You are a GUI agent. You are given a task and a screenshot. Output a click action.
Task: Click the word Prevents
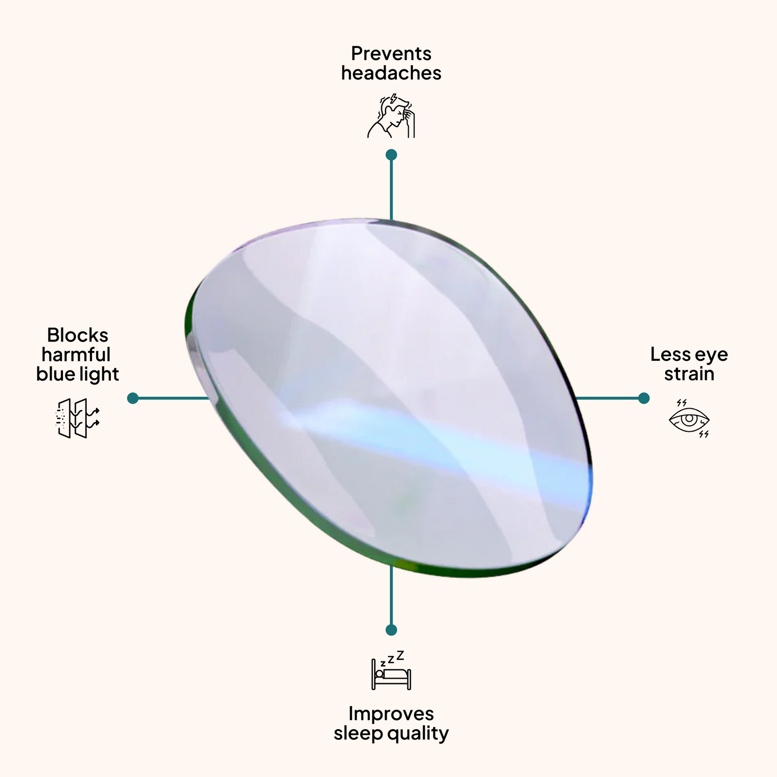pos(391,54)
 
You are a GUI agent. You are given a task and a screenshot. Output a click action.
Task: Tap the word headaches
pos(391,73)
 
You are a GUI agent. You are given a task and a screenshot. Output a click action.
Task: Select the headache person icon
pos(391,116)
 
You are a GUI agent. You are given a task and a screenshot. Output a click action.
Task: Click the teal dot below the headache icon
pos(391,155)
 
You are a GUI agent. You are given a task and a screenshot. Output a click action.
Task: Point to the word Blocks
pos(77,335)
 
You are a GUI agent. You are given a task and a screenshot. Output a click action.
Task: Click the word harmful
pos(76,355)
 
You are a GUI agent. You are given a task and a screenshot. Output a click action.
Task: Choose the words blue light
pos(77,374)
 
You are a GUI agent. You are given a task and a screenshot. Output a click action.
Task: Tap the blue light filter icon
pos(78,418)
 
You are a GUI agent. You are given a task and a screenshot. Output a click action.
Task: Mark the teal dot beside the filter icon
pos(133,398)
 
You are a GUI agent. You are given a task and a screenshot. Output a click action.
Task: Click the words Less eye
pos(689,354)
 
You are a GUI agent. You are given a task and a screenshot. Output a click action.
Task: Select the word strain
pos(689,374)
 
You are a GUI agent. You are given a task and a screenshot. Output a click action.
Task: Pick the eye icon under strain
pos(689,419)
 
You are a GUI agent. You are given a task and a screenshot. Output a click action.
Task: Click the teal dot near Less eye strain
pos(644,398)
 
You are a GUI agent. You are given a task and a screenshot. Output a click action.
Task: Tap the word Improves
pos(391,714)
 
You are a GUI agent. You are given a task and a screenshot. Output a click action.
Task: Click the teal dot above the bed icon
pos(391,630)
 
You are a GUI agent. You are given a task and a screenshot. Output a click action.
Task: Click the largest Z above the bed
pos(400,655)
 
